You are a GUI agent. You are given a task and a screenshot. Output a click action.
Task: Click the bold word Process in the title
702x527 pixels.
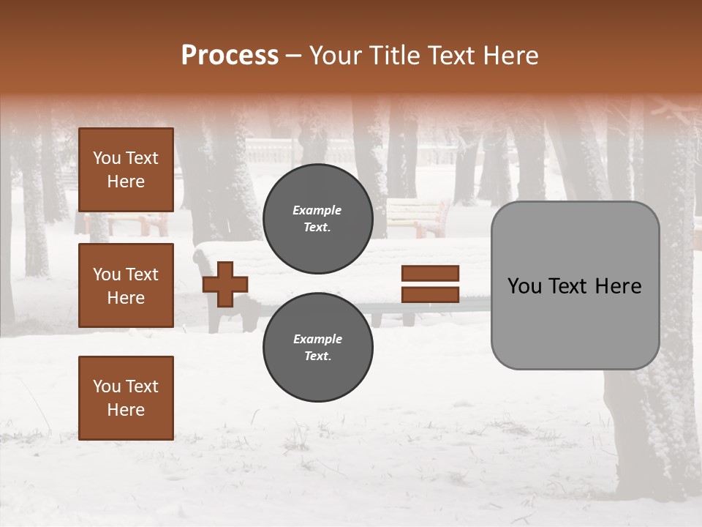pyautogui.click(x=230, y=56)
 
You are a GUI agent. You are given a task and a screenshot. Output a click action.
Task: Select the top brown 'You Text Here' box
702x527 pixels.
pyautogui.click(x=126, y=170)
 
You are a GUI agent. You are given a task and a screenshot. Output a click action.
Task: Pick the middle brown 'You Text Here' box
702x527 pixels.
pyautogui.click(x=126, y=285)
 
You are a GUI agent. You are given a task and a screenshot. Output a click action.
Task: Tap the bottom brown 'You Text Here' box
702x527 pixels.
pyautogui.click(x=126, y=397)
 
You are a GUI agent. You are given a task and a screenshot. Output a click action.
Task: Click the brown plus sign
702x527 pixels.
pyautogui.click(x=225, y=284)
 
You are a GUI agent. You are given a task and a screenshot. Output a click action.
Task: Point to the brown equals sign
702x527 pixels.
pyautogui.click(x=430, y=284)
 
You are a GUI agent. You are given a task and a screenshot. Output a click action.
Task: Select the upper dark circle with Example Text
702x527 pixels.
pyautogui.click(x=317, y=218)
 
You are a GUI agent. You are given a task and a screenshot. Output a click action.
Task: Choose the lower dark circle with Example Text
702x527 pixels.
pyautogui.click(x=317, y=347)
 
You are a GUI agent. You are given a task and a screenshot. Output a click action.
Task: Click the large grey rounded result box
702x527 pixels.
pyautogui.click(x=575, y=285)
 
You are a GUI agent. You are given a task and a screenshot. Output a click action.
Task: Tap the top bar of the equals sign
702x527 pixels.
pyautogui.click(x=430, y=273)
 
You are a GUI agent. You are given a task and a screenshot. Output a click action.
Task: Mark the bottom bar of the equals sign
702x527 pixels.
pyautogui.click(x=430, y=295)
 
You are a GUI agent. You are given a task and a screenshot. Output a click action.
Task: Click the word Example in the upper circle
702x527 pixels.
pyautogui.click(x=317, y=210)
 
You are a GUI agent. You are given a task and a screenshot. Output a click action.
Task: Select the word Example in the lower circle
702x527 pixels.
pyautogui.click(x=317, y=339)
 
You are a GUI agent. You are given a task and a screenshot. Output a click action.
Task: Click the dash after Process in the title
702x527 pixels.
pyautogui.click(x=293, y=56)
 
